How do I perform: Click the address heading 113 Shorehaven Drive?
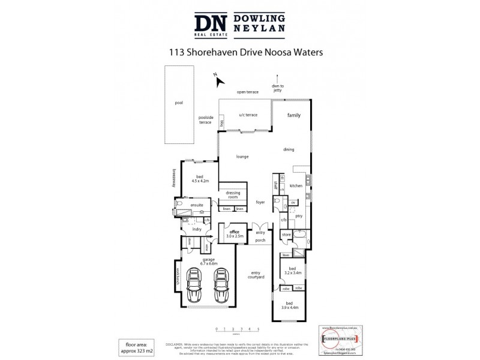pos(247,52)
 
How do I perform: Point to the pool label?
pos(178,103)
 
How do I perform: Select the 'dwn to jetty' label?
pos(277,87)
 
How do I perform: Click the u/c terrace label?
pos(248,115)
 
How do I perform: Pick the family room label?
pos(293,115)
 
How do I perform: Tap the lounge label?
pos(242,157)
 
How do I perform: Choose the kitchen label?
pos(296,186)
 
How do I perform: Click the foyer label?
pos(260,202)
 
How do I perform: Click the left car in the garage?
pos(196,287)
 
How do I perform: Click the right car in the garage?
pos(221,287)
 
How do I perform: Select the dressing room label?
pos(233,195)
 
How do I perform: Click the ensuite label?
pos(197,206)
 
